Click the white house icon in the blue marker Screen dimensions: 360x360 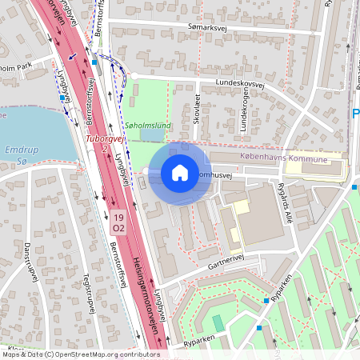tap(179, 173)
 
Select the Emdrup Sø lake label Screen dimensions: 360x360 tap(17, 156)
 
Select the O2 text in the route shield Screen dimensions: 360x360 tap(118, 228)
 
